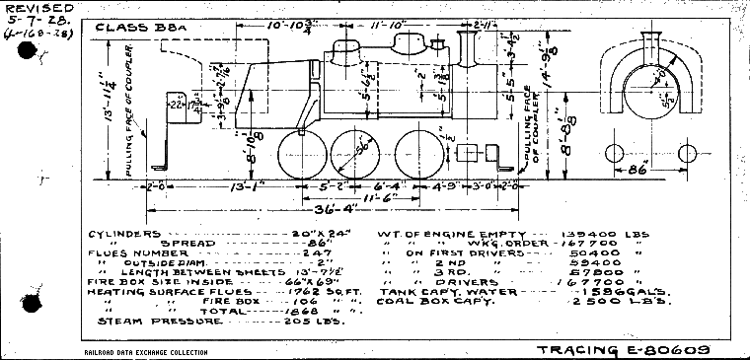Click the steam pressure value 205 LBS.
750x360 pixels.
tap(304, 321)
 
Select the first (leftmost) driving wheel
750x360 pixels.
tap(300, 155)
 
